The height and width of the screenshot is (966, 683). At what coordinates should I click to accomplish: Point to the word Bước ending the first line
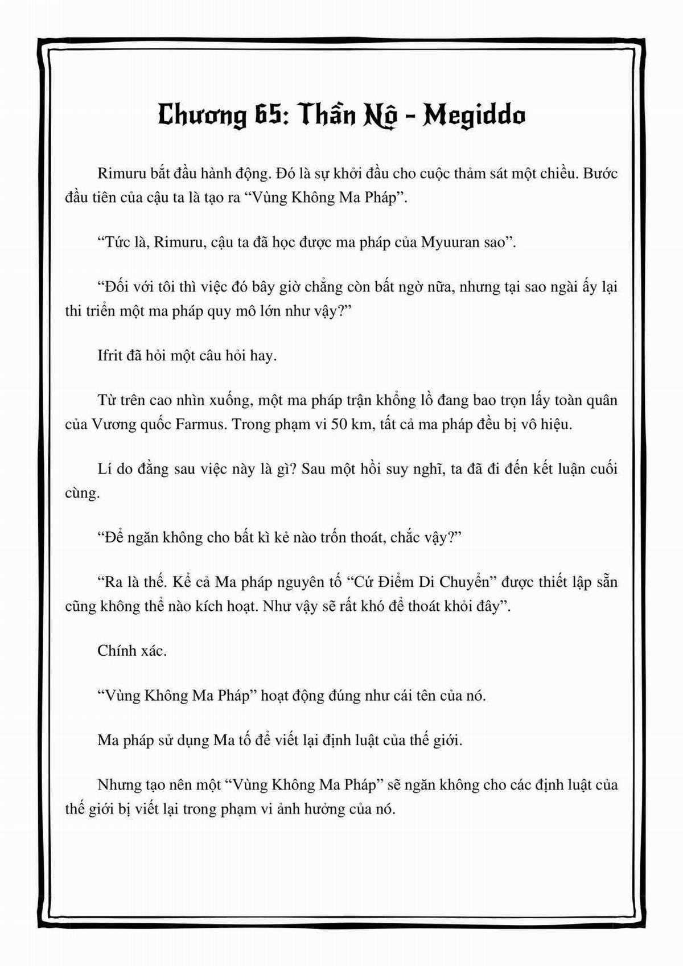(x=599, y=174)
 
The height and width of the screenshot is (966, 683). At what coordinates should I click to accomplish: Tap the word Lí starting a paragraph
(x=106, y=469)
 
